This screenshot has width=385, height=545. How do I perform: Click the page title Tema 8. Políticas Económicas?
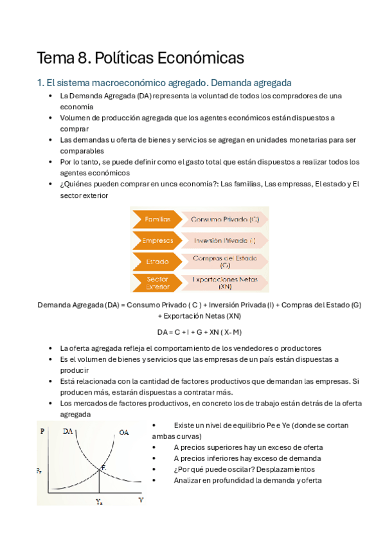pyautogui.click(x=141, y=58)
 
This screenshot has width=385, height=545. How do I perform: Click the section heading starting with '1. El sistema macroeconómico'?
pyautogui.click(x=165, y=83)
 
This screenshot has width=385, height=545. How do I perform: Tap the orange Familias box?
pyautogui.click(x=156, y=219)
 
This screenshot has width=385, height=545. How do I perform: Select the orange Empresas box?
pyautogui.click(x=156, y=241)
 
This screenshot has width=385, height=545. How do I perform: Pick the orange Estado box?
pyautogui.click(x=156, y=262)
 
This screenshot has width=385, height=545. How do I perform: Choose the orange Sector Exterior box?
pyautogui.click(x=156, y=283)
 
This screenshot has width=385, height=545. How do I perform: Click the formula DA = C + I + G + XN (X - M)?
pyautogui.click(x=199, y=332)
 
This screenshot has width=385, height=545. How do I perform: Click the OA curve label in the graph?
pyautogui.click(x=123, y=433)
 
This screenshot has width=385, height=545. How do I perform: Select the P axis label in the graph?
pyautogui.click(x=42, y=431)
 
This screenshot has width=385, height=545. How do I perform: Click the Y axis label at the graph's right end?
pyautogui.click(x=141, y=499)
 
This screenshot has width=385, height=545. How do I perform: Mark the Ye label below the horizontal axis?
pyautogui.click(x=99, y=502)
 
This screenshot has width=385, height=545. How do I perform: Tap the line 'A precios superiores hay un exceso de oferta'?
pyautogui.click(x=248, y=447)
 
